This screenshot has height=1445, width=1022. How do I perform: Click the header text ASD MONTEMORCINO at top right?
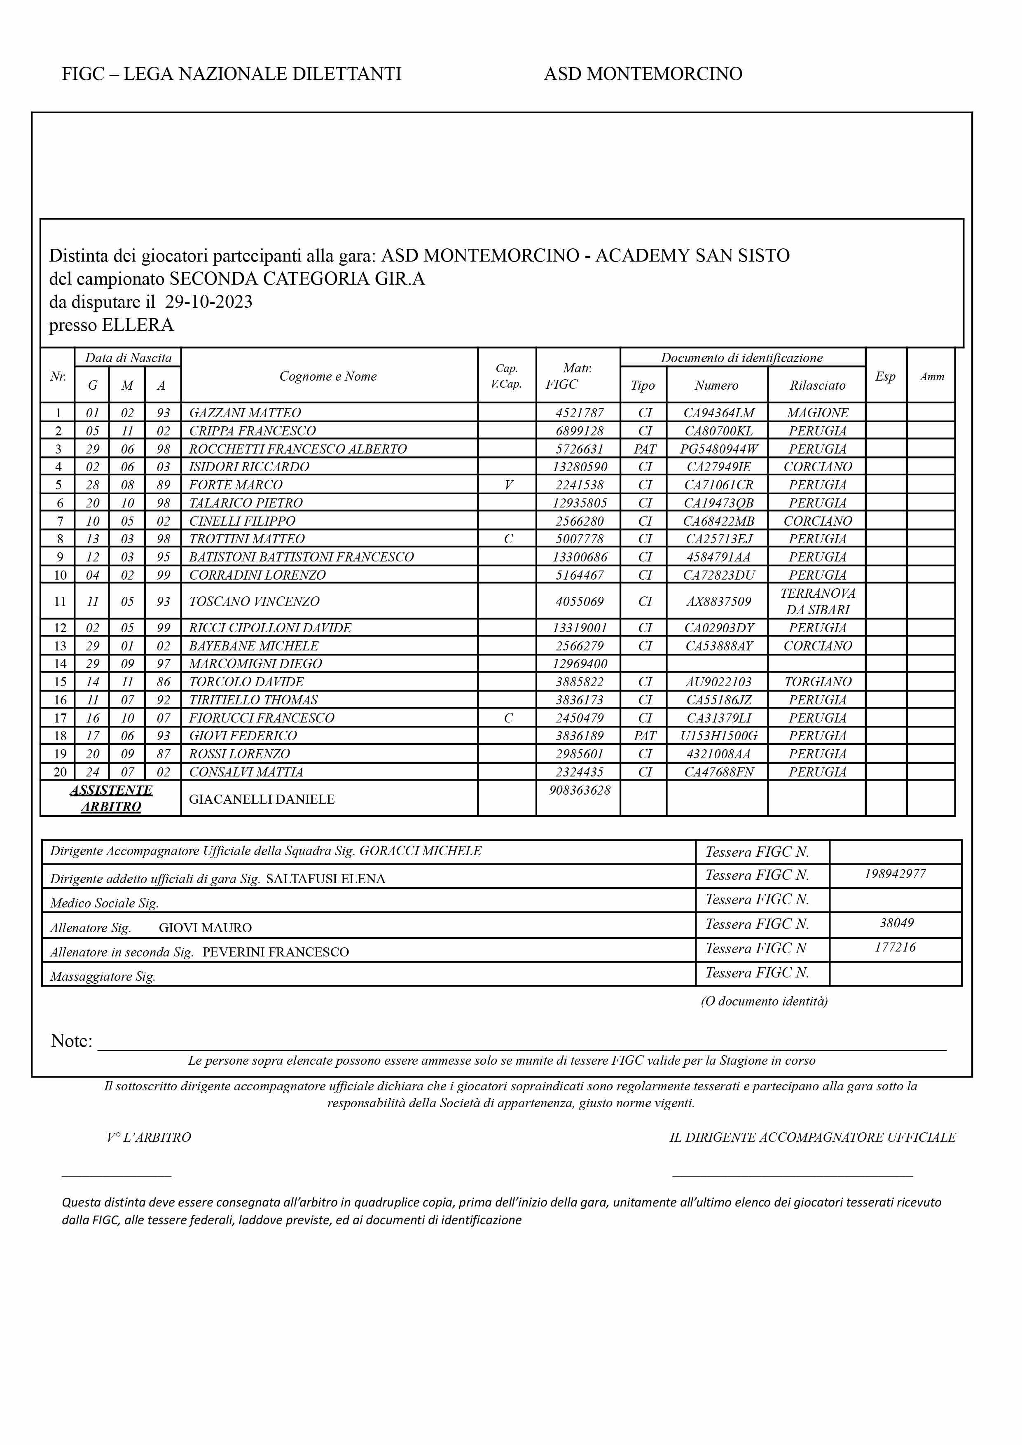tap(643, 74)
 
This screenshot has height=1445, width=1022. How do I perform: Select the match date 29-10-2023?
tap(208, 302)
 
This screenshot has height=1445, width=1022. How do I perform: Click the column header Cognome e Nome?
tap(328, 376)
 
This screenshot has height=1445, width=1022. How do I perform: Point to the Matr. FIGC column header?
tap(576, 376)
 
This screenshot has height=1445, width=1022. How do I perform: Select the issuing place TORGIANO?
tap(817, 682)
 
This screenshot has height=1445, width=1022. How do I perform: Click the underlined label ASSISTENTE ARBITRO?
tap(111, 799)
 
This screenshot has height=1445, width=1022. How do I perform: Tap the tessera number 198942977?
tap(894, 874)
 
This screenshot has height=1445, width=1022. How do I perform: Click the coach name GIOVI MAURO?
tap(205, 928)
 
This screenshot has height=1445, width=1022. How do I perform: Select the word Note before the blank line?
tap(70, 1041)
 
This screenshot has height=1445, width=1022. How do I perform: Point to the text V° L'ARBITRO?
tap(149, 1138)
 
